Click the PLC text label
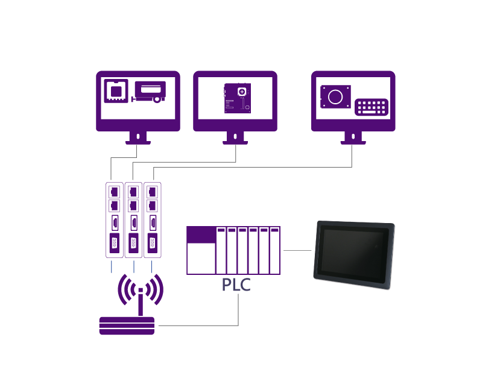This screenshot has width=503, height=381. pyautogui.click(x=236, y=285)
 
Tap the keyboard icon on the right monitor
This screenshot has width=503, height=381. pyautogui.click(x=372, y=107)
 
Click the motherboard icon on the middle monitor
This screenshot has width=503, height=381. pyautogui.click(x=238, y=98)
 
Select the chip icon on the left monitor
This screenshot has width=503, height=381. pyautogui.click(x=116, y=91)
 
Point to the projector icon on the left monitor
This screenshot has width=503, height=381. pyautogui.click(x=149, y=92)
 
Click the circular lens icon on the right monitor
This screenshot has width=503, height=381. pyautogui.click(x=335, y=97)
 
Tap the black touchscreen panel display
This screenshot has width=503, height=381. pyautogui.click(x=354, y=254)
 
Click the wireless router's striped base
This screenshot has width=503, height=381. pyautogui.click(x=127, y=326)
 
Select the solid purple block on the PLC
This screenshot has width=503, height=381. pyautogui.click(x=201, y=235)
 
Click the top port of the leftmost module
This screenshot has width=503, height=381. pyautogui.click(x=115, y=192)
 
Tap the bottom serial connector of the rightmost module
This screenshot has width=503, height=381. pyautogui.click(x=153, y=244)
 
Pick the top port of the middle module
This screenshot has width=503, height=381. pyautogui.click(x=133, y=192)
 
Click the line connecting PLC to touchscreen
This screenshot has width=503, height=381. pyautogui.click(x=297, y=250)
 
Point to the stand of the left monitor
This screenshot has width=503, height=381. pyautogui.click(x=138, y=138)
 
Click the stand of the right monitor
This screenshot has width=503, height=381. pyautogui.click(x=353, y=138)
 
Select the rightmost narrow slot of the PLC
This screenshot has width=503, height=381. pyautogui.click(x=274, y=250)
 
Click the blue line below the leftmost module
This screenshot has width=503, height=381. pyautogui.click(x=112, y=267)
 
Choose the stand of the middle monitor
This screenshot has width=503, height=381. pyautogui.click(x=235, y=138)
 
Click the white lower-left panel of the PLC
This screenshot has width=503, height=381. pyautogui.click(x=201, y=258)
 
